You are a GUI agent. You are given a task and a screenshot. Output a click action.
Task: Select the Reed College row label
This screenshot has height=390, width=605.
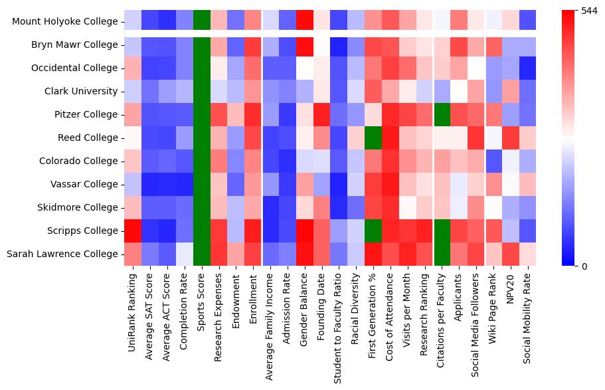click(86, 138)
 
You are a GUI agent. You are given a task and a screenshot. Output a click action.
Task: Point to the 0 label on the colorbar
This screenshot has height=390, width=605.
click(585, 266)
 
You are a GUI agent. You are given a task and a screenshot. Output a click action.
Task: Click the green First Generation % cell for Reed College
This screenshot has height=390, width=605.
click(373, 138)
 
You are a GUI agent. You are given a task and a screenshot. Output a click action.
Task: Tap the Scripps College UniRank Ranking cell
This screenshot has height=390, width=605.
click(133, 231)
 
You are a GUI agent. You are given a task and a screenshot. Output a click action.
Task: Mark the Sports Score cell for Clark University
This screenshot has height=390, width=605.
click(201, 92)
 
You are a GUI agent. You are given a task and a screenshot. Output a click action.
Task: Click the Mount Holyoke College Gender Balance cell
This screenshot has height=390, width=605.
click(304, 22)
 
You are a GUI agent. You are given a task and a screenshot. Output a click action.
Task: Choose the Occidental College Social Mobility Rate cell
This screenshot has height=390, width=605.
click(527, 68)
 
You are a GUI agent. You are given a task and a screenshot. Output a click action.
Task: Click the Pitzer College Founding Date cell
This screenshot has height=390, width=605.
click(321, 115)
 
